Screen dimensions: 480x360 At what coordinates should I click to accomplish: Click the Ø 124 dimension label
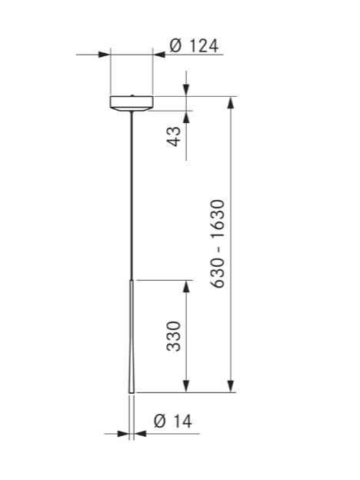tap(193, 45)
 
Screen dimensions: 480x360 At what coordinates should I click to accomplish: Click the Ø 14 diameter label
tap(172, 421)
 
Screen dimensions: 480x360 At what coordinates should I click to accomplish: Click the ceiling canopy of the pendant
tap(132, 102)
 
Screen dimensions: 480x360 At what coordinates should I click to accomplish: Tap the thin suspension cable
tap(132, 192)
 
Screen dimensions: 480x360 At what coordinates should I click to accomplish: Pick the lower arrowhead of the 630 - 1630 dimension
tap(230, 386)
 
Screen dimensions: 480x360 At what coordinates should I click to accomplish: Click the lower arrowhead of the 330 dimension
tap(185, 386)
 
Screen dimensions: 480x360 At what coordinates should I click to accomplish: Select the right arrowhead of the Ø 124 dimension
tap(158, 55)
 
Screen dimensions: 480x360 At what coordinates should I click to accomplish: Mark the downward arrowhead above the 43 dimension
tap(185, 91)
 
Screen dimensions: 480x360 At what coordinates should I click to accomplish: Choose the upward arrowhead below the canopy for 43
tap(185, 116)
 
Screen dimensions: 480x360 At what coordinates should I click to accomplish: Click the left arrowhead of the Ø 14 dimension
tap(123, 434)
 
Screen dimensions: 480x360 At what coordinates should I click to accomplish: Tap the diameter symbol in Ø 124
tap(175, 45)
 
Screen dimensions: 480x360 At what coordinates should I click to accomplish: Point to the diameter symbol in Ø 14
tap(160, 421)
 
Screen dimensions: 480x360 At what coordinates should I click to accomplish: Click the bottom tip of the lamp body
tap(132, 392)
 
